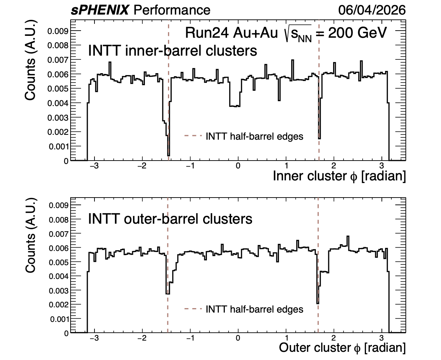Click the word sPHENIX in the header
coord(100,10)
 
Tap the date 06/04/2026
coord(372,10)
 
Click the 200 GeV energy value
coord(357,33)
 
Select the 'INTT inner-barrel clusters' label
coord(173,51)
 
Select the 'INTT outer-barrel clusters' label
coord(170,219)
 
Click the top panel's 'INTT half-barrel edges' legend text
coord(255,136)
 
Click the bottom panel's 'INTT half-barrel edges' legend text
coord(255,309)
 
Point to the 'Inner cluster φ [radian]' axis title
coord(339,176)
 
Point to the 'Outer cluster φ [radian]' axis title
coord(342,348)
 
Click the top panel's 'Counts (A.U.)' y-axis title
coord(30,60)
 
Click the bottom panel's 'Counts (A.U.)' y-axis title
coord(30,235)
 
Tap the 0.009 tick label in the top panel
coord(58,31)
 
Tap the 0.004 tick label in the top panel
coord(58,103)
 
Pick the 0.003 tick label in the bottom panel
coord(59,291)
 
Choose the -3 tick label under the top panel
coord(94,166)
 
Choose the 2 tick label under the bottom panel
coord(334,338)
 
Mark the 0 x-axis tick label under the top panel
coord(238,166)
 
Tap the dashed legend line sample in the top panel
coord(193,136)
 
